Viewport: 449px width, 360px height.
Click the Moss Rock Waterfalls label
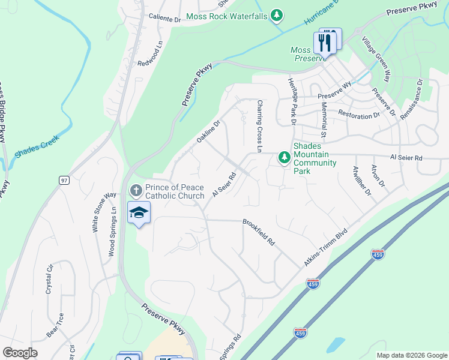click(x=226, y=16)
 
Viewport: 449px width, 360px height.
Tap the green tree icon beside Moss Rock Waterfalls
click(x=276, y=16)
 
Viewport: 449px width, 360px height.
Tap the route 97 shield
click(x=64, y=180)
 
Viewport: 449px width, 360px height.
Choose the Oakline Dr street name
click(x=209, y=131)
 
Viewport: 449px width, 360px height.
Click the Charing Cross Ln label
click(x=261, y=126)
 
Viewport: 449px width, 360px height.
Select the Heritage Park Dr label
click(x=293, y=101)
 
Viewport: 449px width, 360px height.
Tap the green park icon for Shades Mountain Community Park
click(x=284, y=158)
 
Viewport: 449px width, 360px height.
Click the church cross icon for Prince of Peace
click(x=136, y=191)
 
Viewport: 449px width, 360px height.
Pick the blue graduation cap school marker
click(x=139, y=213)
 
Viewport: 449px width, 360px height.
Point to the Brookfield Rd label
click(x=259, y=233)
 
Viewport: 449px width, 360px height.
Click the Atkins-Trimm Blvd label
click(x=325, y=247)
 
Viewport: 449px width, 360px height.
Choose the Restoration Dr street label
click(x=359, y=113)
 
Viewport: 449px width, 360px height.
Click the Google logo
click(x=20, y=353)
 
